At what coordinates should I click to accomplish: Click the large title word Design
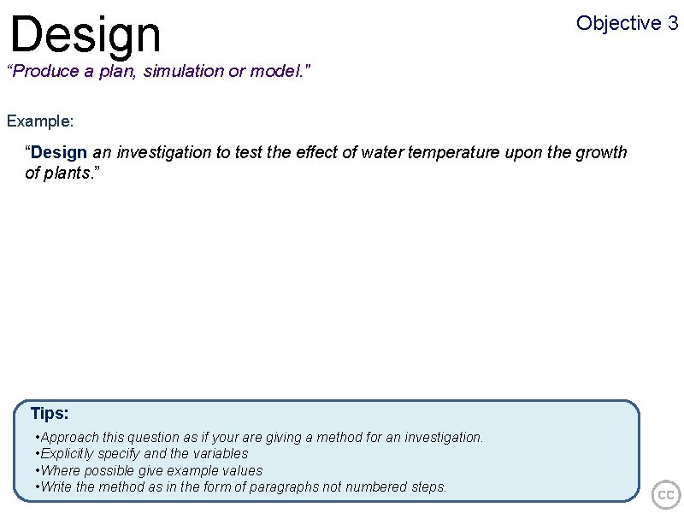[85, 34]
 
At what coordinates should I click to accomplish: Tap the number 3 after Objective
[672, 23]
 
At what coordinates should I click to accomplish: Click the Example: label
[40, 121]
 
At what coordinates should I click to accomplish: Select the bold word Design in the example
[59, 153]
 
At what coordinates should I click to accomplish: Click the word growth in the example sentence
[601, 153]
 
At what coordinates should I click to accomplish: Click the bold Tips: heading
[50, 414]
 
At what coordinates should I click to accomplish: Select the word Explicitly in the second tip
[68, 454]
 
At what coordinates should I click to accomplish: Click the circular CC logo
[666, 495]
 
